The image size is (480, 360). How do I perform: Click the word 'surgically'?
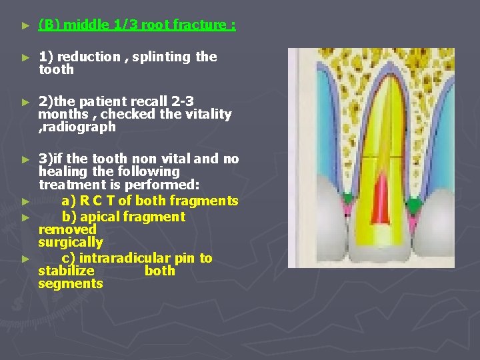(x=70, y=242)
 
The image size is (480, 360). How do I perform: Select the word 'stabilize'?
(x=66, y=271)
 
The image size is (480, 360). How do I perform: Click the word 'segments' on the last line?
(x=71, y=283)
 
